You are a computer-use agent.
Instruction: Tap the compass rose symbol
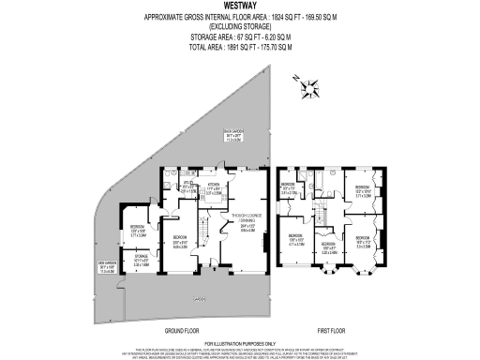308,89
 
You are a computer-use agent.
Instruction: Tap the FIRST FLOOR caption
328,331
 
